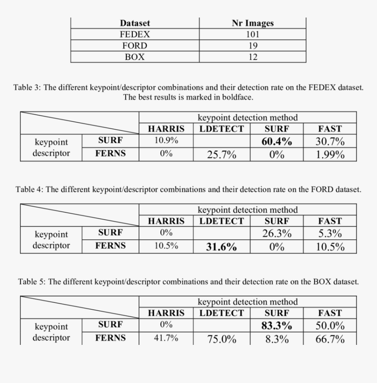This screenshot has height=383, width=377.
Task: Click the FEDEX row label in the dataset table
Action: point(135,34)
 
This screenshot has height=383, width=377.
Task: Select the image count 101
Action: point(253,34)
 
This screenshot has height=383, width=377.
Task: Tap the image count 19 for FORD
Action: point(253,46)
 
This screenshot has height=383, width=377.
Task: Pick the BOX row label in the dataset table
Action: point(135,57)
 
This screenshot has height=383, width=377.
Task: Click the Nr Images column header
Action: point(253,23)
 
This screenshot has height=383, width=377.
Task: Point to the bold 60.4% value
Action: point(277,142)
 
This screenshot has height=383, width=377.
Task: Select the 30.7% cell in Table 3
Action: point(330,142)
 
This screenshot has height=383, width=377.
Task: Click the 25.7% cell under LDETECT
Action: point(222,155)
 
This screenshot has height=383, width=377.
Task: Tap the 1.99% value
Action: point(330,155)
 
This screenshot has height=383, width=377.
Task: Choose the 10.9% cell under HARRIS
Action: point(166,141)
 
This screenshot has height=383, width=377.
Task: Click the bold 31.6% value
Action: point(222,247)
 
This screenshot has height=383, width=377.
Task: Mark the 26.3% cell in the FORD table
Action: point(277,234)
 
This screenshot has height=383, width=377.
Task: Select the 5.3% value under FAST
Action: point(330,234)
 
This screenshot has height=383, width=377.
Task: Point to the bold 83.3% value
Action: point(277,326)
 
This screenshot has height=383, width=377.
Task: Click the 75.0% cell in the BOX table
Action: point(222,339)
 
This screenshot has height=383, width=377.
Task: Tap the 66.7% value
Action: point(330,339)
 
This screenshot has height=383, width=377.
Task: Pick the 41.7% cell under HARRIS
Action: point(166,338)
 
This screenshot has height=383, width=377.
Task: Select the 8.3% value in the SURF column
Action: point(277,339)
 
